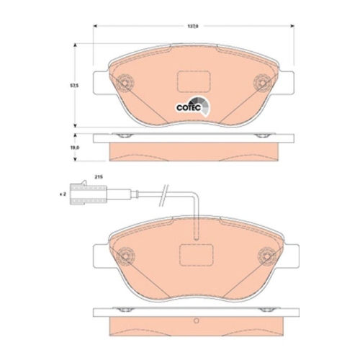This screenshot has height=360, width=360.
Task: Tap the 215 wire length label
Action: [x=99, y=176]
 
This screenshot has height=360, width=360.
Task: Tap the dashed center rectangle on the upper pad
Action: [x=192, y=81]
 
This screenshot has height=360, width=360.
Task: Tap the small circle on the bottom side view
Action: [x=193, y=320]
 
